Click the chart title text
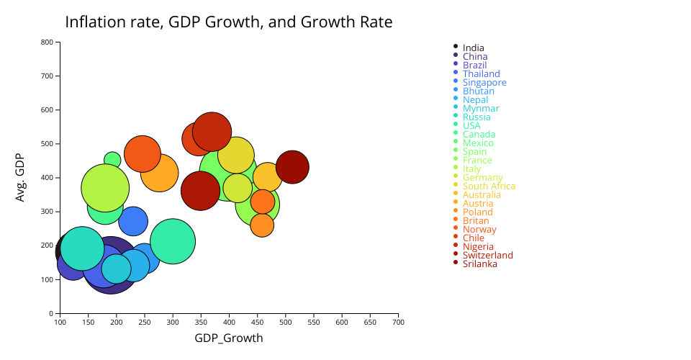pyautogui.click(x=228, y=22)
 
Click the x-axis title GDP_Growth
pyautogui.click(x=228, y=338)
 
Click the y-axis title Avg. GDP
pyautogui.click(x=20, y=177)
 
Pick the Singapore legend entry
pyautogui.click(x=484, y=83)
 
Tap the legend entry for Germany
pyautogui.click(x=482, y=178)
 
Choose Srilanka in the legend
pyautogui.click(x=479, y=264)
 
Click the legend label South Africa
pyautogui.click(x=489, y=186)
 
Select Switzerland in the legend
pyautogui.click(x=487, y=256)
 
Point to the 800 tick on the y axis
pyautogui.click(x=47, y=42)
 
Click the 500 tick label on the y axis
pyautogui.click(x=47, y=144)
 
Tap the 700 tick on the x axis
pyautogui.click(x=398, y=323)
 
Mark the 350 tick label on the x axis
pyautogui.click(x=201, y=323)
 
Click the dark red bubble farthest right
pyautogui.click(x=292, y=167)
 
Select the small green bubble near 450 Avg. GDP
pyautogui.click(x=112, y=160)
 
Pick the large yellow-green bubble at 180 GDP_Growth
pyautogui.click(x=105, y=188)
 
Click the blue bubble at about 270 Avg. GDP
pyautogui.click(x=133, y=221)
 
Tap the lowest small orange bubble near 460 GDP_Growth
pyautogui.click(x=262, y=225)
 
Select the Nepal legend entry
pyautogui.click(x=475, y=100)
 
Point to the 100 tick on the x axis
pyautogui.click(x=60, y=323)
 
